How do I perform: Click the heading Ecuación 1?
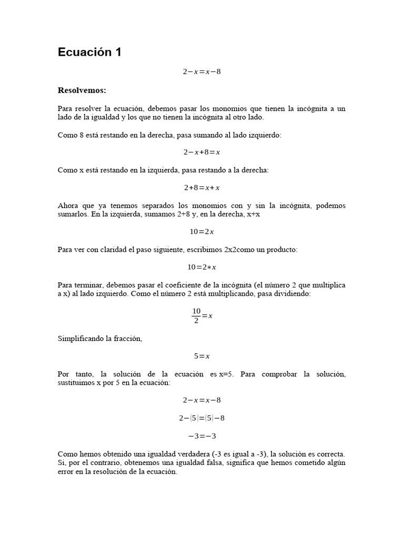[89, 53]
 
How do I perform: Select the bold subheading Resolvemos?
[82, 90]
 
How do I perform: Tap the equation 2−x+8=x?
[201, 152]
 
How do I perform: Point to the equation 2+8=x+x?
[201, 188]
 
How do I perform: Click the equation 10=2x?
[201, 232]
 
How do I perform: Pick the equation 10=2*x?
[201, 267]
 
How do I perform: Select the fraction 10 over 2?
[196, 316]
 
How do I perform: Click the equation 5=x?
[201, 356]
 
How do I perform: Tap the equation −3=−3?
[201, 436]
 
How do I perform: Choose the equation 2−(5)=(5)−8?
[201, 418]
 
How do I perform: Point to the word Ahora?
[68, 205]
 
